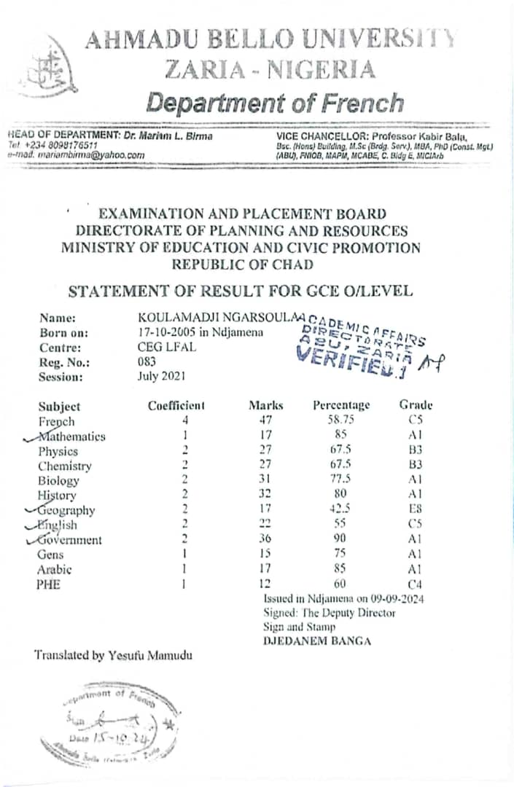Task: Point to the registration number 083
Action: (x=147, y=361)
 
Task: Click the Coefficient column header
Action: (x=176, y=406)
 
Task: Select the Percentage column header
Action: (x=341, y=405)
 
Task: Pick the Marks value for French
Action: (x=265, y=421)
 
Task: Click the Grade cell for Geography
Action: (x=416, y=510)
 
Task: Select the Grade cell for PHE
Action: (x=416, y=584)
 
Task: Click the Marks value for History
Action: (x=265, y=496)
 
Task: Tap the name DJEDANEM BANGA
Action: (x=317, y=641)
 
